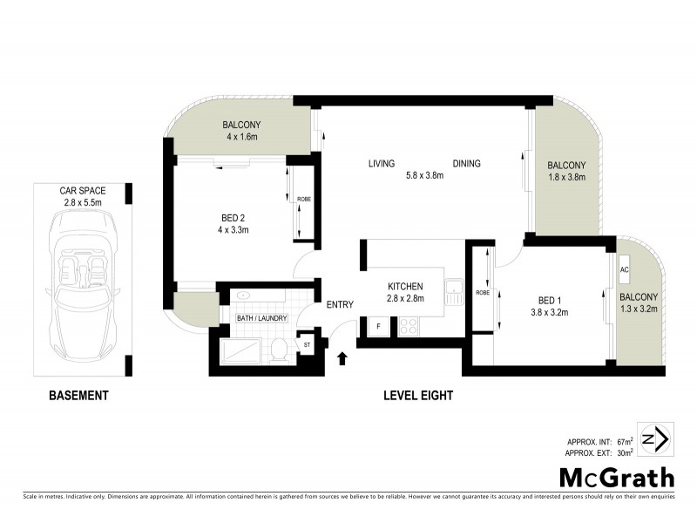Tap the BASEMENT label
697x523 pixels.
[x=78, y=396]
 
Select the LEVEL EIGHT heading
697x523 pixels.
[x=418, y=396]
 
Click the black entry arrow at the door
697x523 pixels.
[x=342, y=357]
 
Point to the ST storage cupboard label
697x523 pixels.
[x=307, y=346]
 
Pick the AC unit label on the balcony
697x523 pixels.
[x=625, y=269]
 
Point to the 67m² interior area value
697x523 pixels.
[x=623, y=442]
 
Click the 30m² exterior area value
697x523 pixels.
[x=623, y=453]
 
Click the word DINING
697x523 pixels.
[x=466, y=164]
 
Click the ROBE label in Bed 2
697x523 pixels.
[x=303, y=200]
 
